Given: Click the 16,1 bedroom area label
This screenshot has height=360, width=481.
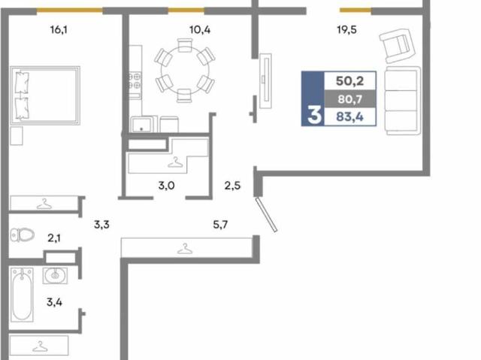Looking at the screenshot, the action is click(x=59, y=30).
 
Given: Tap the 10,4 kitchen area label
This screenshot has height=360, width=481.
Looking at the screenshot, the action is click(x=200, y=30).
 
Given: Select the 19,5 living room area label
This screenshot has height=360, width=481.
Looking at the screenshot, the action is click(x=346, y=30).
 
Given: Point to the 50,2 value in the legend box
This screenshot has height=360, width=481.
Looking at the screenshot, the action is click(x=349, y=81).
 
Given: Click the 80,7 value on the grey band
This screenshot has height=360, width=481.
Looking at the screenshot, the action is click(x=349, y=99).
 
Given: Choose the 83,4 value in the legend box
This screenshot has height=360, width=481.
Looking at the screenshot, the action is click(x=349, y=116).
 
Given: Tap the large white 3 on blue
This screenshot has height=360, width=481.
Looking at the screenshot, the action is click(x=314, y=115).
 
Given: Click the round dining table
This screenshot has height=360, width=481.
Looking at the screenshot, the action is click(x=185, y=70).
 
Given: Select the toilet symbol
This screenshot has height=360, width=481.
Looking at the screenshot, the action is click(x=22, y=235).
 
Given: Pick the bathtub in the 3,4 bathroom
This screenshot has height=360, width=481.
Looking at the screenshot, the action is click(x=22, y=295).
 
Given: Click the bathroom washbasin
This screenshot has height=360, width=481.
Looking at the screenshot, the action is click(x=55, y=275).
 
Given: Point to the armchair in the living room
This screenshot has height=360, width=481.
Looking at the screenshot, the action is click(x=398, y=45).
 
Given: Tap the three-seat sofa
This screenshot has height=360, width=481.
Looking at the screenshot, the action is click(x=403, y=101).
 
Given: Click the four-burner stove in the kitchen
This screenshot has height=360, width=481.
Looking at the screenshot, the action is click(x=135, y=80).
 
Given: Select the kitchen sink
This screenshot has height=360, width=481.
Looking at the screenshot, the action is click(x=141, y=124).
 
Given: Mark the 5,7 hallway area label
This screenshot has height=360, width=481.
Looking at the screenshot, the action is click(x=220, y=225).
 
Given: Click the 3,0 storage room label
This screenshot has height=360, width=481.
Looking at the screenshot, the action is click(x=166, y=186).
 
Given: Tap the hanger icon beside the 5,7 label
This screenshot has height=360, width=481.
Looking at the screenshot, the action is click(x=185, y=249).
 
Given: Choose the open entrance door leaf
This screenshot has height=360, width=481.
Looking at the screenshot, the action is click(x=266, y=215).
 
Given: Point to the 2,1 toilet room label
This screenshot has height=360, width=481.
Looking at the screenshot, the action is click(x=54, y=238).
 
